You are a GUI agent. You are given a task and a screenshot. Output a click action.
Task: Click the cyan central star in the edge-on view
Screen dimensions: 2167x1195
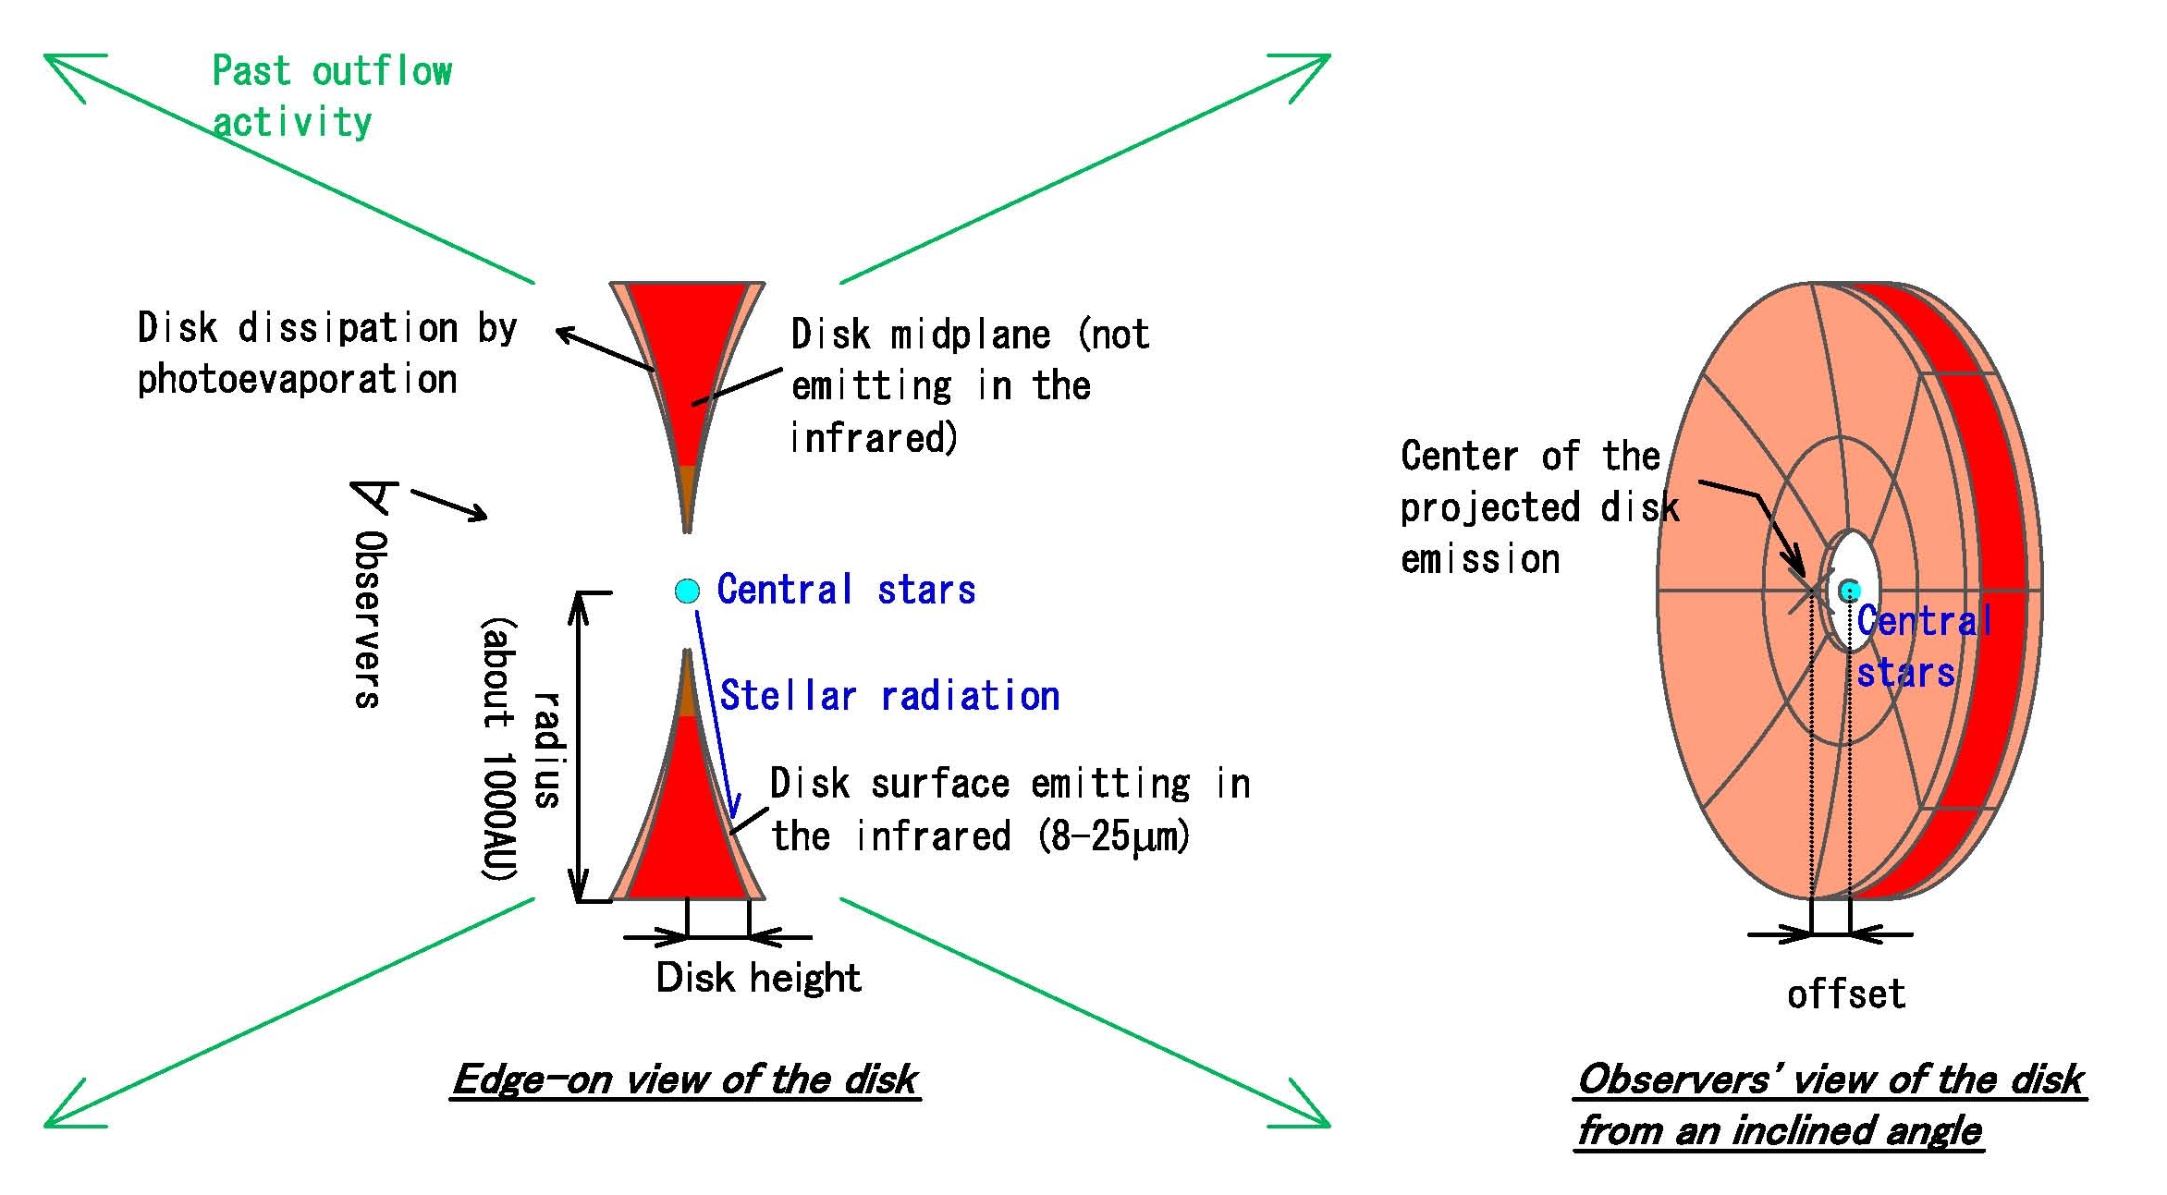tap(687, 591)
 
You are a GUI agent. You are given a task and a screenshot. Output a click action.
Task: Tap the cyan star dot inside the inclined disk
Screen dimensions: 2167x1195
tap(1849, 590)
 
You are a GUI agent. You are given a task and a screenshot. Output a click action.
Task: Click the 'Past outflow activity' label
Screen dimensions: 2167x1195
tap(332, 96)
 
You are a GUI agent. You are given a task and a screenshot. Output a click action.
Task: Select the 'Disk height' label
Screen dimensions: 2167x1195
tap(758, 977)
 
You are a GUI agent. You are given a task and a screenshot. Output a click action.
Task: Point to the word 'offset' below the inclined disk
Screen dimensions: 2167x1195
tap(1845, 994)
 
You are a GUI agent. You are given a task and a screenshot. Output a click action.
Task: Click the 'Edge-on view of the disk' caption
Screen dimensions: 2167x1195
tap(685, 1079)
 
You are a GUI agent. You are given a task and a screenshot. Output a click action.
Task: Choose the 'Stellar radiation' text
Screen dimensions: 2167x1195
tap(889, 696)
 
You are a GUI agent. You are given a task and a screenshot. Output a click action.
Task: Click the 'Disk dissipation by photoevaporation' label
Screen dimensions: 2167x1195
tap(326, 353)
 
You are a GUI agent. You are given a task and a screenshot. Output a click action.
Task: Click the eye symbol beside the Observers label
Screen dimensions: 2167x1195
tap(374, 497)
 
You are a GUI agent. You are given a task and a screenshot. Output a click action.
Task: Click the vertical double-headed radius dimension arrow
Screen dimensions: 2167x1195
tap(579, 747)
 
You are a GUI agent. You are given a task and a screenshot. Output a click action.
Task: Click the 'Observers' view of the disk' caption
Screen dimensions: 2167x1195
tap(1830, 1104)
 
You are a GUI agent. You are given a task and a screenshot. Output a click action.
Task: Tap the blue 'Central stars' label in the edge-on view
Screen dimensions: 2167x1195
tap(846, 590)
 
